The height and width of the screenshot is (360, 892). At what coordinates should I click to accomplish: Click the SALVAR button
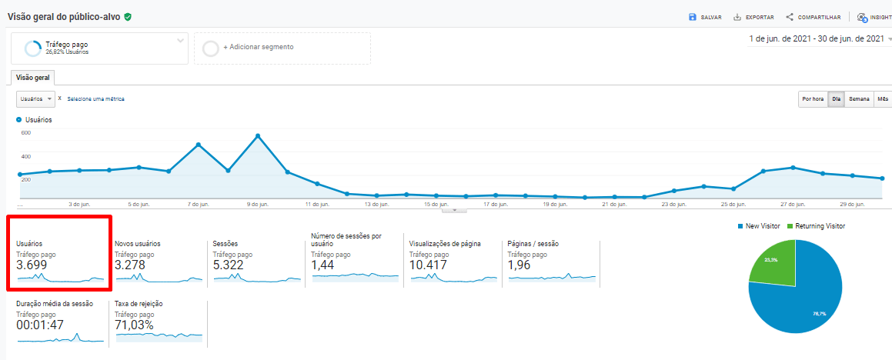point(705,17)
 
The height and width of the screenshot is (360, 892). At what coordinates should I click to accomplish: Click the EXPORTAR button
point(753,17)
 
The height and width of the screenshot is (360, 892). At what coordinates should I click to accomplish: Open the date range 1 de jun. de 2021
point(817,38)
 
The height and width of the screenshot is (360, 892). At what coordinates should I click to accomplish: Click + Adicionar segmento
point(258,47)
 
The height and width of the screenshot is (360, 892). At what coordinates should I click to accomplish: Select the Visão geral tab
point(32,78)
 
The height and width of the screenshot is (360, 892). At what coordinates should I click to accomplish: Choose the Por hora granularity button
point(813,98)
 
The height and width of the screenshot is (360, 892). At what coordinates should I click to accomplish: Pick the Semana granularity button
point(859,98)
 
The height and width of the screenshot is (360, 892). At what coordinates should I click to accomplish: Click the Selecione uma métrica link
point(95,99)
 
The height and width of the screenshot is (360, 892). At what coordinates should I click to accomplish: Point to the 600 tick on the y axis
point(25,133)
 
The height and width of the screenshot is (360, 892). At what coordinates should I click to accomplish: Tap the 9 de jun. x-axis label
point(259,205)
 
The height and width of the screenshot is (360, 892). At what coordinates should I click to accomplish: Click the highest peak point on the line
point(258,136)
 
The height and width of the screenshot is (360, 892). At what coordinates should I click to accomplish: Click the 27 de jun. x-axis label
point(793,205)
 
